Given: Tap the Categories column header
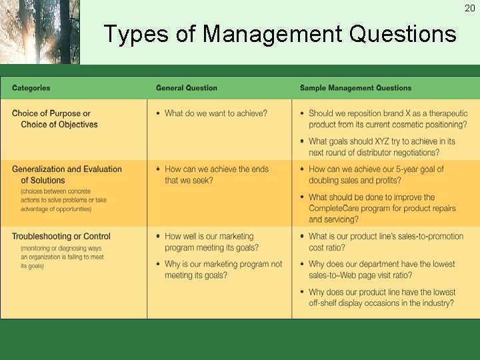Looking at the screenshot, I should point(31,88).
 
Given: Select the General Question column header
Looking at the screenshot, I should point(187,88).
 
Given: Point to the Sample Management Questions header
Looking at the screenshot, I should point(355,88).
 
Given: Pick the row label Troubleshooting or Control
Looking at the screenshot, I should point(61,236).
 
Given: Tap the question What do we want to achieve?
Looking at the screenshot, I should point(216,113).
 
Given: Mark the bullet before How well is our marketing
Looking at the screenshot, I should point(158,237).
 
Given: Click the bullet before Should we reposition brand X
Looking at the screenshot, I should point(302,114).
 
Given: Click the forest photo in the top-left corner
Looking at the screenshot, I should point(39,32).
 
